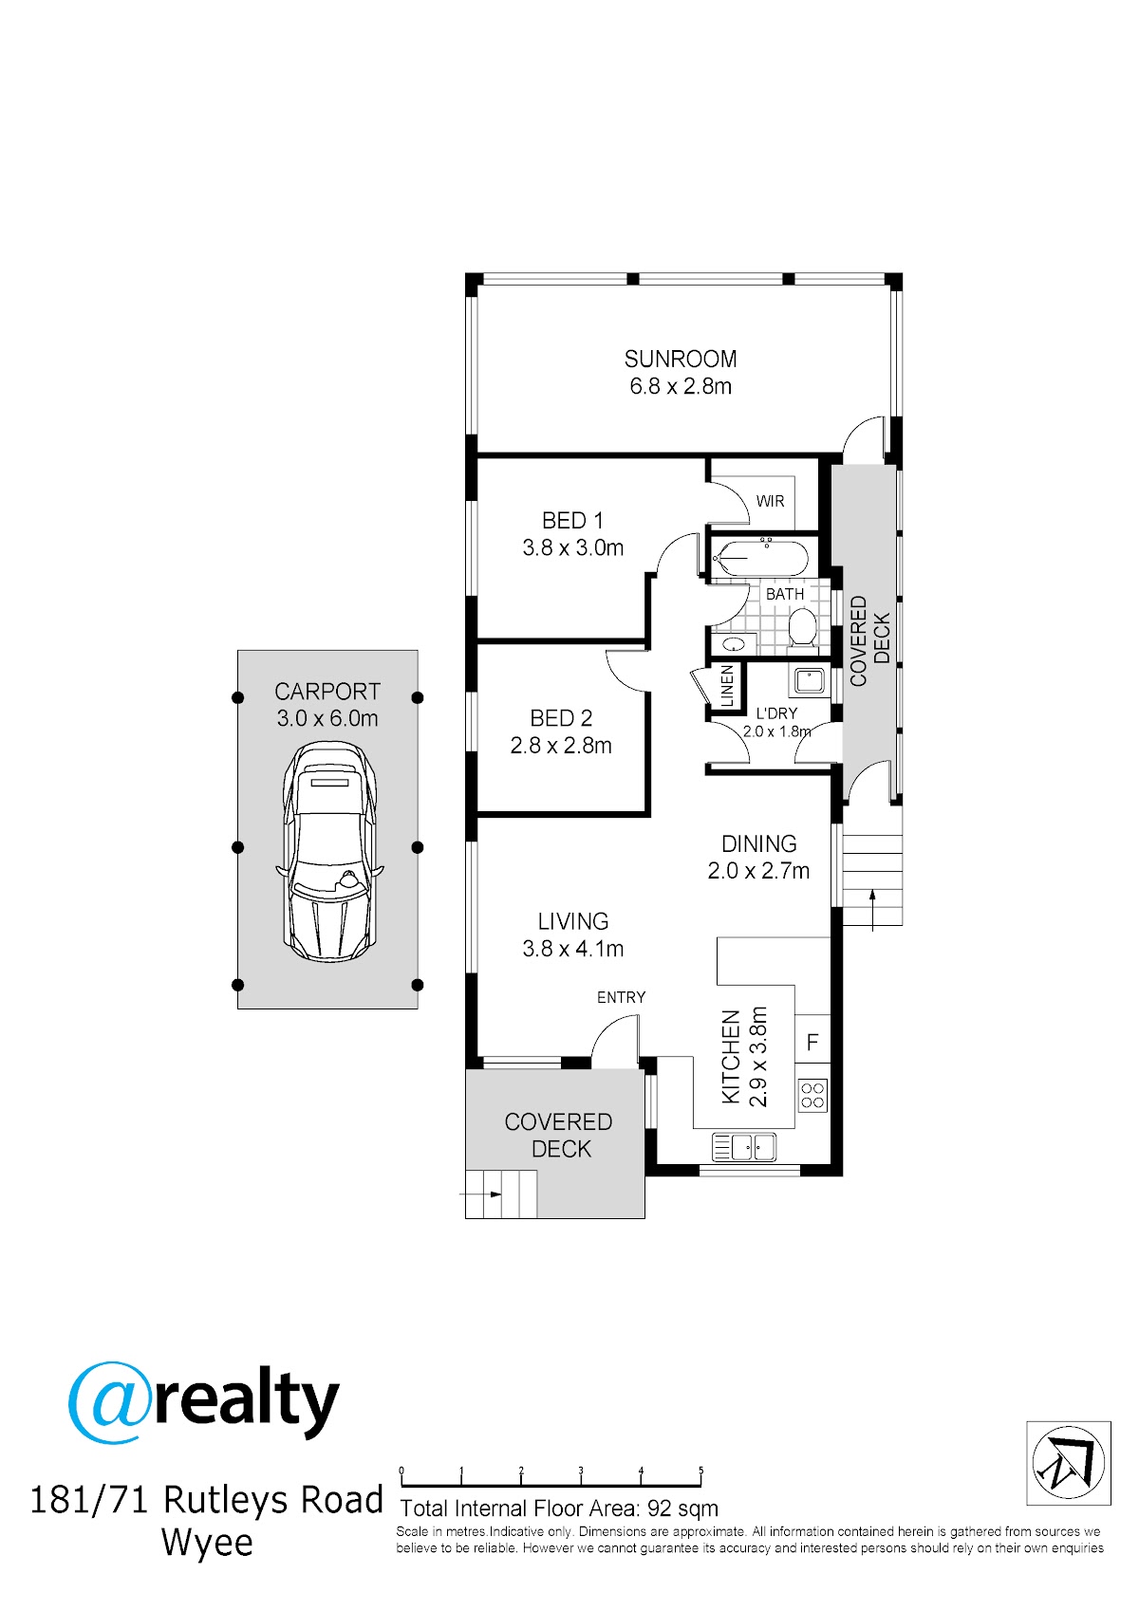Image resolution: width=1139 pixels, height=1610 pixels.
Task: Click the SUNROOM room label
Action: (681, 359)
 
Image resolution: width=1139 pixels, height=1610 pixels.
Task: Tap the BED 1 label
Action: (572, 520)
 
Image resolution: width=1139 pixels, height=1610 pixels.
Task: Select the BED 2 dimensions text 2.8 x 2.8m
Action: (561, 746)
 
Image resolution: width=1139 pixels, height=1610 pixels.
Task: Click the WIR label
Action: (770, 501)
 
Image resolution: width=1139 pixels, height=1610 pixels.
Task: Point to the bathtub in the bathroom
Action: (760, 559)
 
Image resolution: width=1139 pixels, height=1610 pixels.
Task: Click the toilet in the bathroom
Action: (801, 627)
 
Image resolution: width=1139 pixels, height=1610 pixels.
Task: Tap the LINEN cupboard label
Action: (727, 686)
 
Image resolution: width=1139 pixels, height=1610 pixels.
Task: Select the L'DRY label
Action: (776, 713)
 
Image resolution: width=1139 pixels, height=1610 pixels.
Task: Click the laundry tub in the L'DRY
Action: (809, 680)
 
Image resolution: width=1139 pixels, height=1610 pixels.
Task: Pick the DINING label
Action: (758, 843)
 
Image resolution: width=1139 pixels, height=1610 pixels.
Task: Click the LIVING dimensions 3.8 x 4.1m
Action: (573, 949)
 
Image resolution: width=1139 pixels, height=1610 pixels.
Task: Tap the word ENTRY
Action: (622, 997)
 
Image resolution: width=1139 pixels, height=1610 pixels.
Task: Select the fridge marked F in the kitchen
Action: (812, 1042)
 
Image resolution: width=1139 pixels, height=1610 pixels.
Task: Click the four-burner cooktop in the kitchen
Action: (812, 1096)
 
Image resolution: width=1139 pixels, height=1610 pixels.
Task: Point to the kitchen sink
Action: (743, 1147)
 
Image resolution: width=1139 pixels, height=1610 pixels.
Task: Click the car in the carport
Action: (329, 852)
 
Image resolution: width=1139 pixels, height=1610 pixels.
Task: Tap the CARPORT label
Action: (327, 692)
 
